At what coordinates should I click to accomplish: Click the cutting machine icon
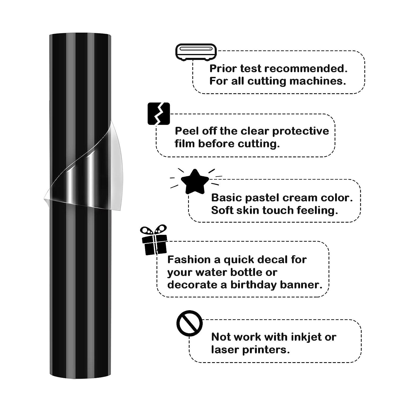[x=196, y=52]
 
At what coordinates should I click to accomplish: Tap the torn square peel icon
[x=159, y=114]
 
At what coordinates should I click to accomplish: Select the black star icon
[x=195, y=181]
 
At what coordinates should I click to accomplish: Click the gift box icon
[x=154, y=240]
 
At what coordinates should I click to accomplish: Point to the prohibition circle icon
[x=189, y=323]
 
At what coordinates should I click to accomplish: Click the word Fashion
[x=189, y=259]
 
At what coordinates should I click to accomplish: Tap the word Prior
[x=223, y=68]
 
